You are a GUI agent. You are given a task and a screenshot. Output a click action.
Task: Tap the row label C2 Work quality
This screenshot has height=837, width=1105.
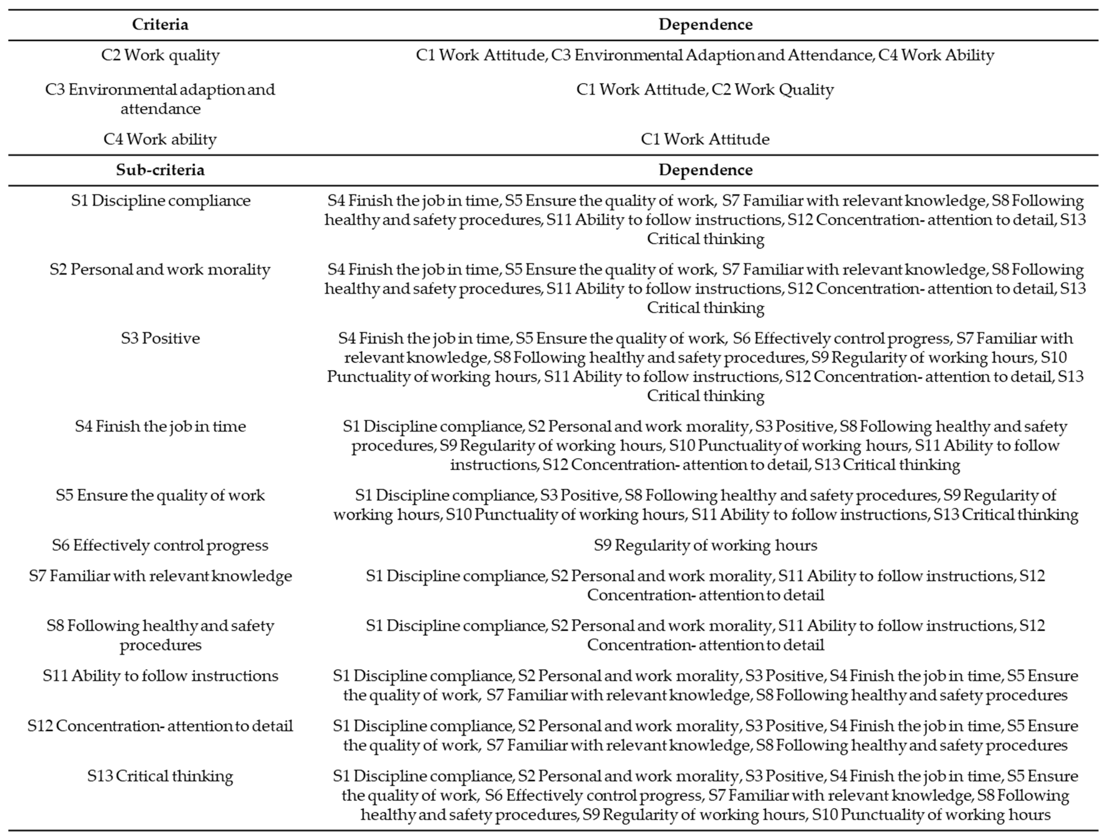coord(160,55)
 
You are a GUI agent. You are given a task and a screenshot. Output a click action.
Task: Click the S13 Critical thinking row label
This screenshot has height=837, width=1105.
coord(160,776)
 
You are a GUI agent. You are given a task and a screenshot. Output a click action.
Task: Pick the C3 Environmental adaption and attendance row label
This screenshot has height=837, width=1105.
coord(160,99)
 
